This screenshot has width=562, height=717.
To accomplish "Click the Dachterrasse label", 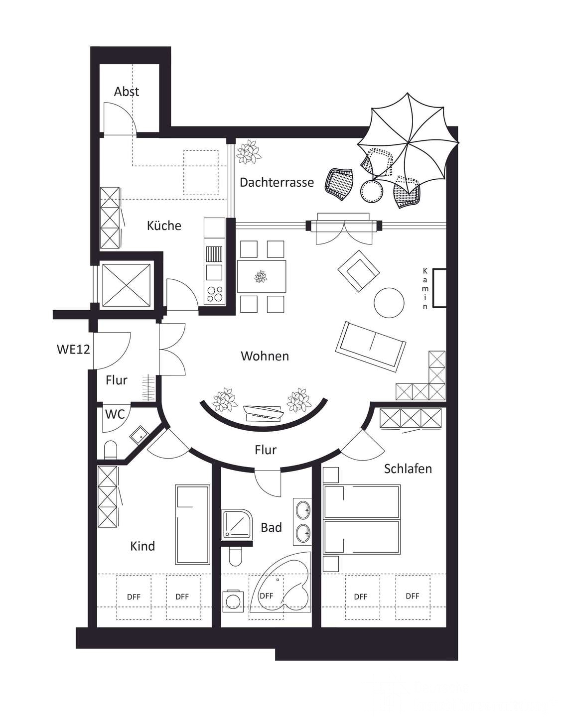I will [277, 182].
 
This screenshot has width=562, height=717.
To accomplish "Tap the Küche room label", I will [164, 226].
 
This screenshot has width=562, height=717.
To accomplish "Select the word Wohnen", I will [265, 356].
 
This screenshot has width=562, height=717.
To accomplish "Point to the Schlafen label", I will [408, 469].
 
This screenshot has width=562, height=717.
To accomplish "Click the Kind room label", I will [142, 546].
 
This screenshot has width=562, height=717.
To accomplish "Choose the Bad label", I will [271, 527].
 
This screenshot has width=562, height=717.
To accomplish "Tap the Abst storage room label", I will [127, 92].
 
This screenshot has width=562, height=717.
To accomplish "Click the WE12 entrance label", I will [73, 349].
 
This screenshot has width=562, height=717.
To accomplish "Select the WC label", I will [115, 414].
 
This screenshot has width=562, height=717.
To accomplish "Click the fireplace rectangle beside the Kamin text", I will [439, 288].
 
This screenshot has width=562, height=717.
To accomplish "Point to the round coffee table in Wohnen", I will [389, 303].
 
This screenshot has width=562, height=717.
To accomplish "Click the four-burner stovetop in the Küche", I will [215, 294].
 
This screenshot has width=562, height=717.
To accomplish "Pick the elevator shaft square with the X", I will [126, 285].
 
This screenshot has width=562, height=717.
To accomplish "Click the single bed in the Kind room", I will [192, 524].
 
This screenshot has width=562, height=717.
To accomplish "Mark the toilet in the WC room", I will [110, 450].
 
